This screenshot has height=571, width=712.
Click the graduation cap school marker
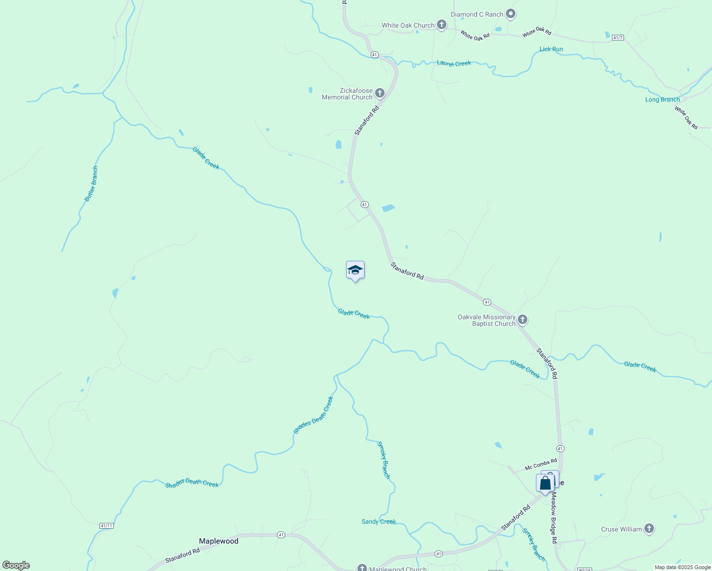pos(355,270)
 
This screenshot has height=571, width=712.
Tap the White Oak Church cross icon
pos(442,25)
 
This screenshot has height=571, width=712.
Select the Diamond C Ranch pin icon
pos(511,14)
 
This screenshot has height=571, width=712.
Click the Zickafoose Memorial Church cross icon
pos(380,93)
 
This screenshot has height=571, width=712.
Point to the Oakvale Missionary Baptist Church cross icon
pos(523,320)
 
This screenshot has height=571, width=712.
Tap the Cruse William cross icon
pos(649,529)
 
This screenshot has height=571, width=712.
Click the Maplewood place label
pos(218,541)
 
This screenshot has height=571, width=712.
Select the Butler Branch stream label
pos(91,184)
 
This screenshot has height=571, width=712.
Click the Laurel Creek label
pos(454,63)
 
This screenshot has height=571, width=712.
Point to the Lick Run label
pos(551,49)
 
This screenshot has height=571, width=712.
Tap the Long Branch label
pos(663,99)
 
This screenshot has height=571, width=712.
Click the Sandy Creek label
pos(379,522)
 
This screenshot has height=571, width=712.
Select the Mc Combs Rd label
pos(541,465)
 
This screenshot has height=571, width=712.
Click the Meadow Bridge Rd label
pos(554,518)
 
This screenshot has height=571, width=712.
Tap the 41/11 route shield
pos(107,526)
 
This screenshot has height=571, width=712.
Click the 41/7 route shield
pos(618,38)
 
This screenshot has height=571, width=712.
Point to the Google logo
pos(16,565)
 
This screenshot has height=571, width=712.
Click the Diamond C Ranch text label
pos(477,14)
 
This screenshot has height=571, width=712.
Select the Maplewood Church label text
pos(398,569)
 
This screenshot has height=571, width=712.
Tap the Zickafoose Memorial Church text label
pos(347,94)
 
